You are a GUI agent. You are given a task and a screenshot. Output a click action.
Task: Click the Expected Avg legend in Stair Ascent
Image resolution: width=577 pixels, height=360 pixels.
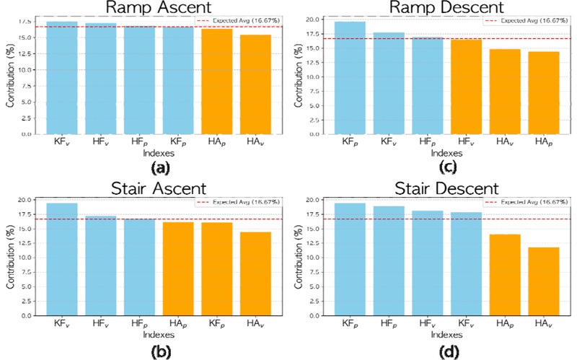234,202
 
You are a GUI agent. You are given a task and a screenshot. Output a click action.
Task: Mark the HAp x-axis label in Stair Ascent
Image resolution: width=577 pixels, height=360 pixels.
177,326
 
